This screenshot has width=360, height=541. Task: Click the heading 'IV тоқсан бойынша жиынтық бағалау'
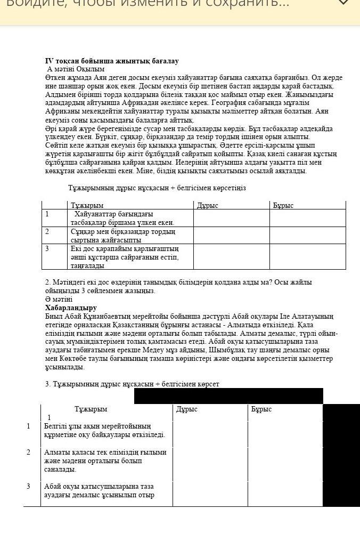point(112,61)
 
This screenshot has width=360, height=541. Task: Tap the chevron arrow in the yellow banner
point(343,3)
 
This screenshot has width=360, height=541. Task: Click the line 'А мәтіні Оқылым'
point(76,69)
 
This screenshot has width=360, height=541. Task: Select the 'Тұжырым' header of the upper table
point(87,205)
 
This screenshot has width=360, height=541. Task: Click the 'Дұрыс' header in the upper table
point(208,205)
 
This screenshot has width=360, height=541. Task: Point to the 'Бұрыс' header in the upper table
point(283,205)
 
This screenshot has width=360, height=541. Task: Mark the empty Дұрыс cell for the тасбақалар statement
point(231,218)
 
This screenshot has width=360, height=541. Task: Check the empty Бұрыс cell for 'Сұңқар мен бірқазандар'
point(307,236)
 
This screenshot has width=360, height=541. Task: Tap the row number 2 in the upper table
point(47,231)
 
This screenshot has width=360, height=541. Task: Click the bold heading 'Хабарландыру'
point(71,308)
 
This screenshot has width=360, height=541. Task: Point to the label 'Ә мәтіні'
point(59,300)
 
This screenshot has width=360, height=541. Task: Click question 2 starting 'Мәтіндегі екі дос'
point(178,286)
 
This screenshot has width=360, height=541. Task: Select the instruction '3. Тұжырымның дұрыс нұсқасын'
point(132,384)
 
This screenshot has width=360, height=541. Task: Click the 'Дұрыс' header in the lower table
point(187,409)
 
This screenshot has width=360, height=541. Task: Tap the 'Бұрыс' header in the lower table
point(261,409)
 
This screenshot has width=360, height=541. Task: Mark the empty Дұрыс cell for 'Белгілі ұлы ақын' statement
point(210,434)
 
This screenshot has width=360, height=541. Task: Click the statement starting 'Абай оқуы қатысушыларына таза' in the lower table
point(100,490)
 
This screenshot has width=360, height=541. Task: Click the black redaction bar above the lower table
point(228,396)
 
